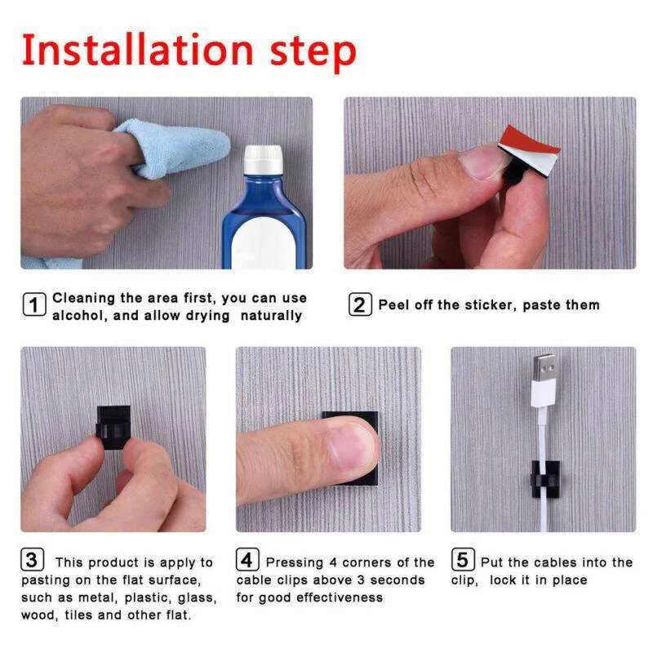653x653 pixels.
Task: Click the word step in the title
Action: pos(315,51)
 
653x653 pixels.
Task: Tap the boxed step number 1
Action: pos(33,306)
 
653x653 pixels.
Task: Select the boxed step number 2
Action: pos(360,305)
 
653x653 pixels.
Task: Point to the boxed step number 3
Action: pos(31,561)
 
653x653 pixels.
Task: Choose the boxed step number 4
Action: pos(248,561)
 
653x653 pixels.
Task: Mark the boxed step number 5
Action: pos(463,561)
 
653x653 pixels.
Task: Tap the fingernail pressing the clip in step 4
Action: pos(350,446)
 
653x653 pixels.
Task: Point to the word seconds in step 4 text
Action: pos(397,580)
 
